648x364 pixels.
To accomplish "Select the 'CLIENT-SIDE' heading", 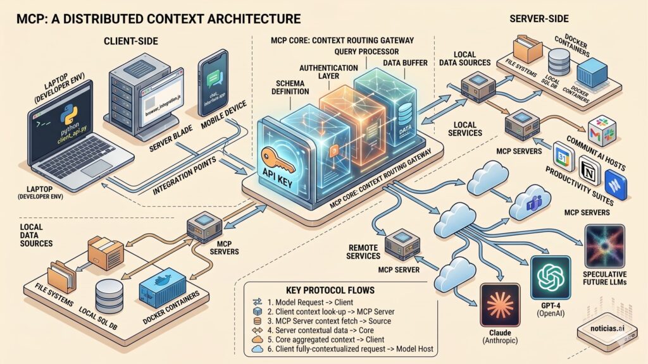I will point(130,42).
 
